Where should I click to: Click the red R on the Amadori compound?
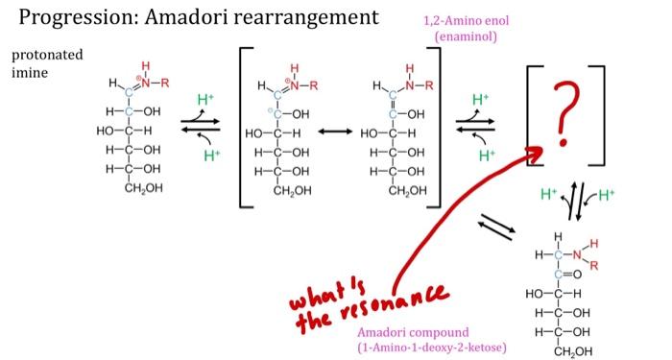click(593, 264)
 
